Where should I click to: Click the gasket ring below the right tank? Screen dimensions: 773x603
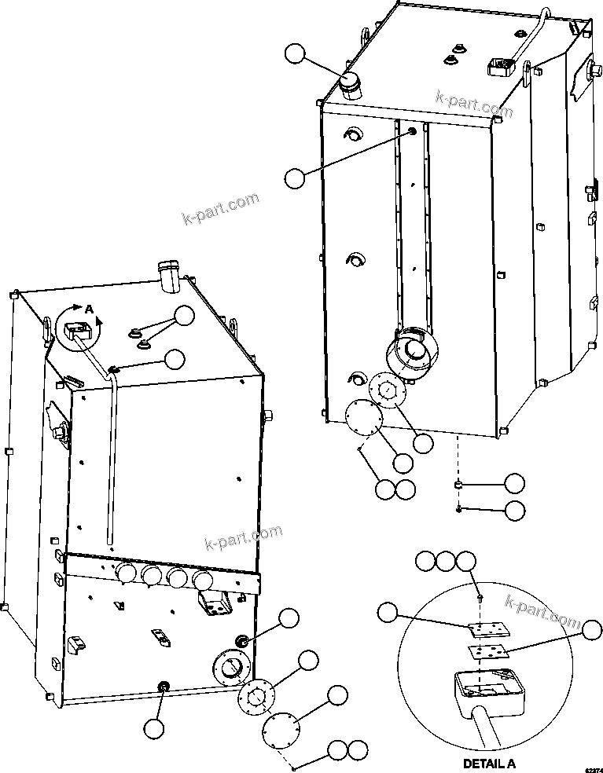tap(387, 389)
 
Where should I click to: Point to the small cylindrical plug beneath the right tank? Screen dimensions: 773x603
tap(458, 485)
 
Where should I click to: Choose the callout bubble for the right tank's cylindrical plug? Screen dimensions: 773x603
tap(514, 482)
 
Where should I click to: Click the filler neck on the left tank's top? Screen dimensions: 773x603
tap(168, 276)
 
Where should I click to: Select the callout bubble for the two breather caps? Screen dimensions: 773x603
tap(184, 316)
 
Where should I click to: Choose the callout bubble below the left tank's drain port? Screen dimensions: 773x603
tap(154, 728)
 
